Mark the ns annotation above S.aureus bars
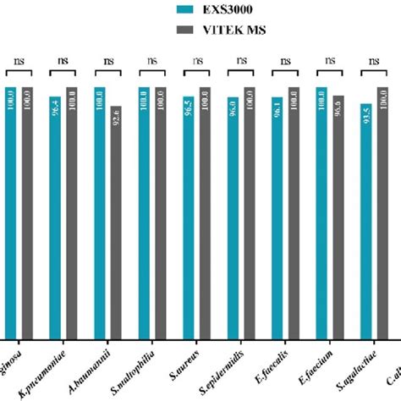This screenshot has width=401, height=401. (x=196, y=60)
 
